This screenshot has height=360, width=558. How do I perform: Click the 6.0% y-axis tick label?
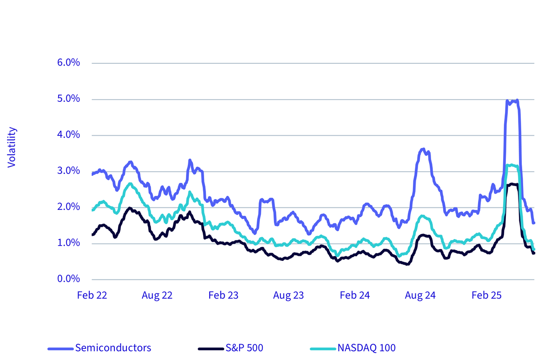coord(68,62)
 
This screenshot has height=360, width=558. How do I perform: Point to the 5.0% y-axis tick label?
coord(68,99)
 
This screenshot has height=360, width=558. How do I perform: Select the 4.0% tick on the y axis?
coord(68,135)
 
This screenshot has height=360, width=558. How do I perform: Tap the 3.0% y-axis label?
coord(68,171)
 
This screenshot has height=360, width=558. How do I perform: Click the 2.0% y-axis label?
coord(68,207)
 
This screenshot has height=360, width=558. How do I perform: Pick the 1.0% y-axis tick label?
coord(68,243)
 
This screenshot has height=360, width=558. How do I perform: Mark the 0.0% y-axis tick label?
coord(68,279)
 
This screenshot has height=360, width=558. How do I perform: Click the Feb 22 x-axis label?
coord(92,295)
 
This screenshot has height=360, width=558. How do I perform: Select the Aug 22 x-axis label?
coord(157,295)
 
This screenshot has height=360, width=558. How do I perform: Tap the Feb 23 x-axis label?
coord(224,295)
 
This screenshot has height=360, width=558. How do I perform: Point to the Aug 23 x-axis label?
coord(288,295)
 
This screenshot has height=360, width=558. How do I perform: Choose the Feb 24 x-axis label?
coord(355,295)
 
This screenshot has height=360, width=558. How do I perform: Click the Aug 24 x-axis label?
coord(420,295)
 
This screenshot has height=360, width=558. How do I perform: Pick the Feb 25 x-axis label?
coord(486,295)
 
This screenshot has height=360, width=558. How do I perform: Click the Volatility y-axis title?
coord(12,147)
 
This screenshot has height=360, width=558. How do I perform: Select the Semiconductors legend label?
coord(113,348)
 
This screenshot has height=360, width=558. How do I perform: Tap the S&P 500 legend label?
coord(245,348)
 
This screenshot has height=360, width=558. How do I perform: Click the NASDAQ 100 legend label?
coord(366,348)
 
